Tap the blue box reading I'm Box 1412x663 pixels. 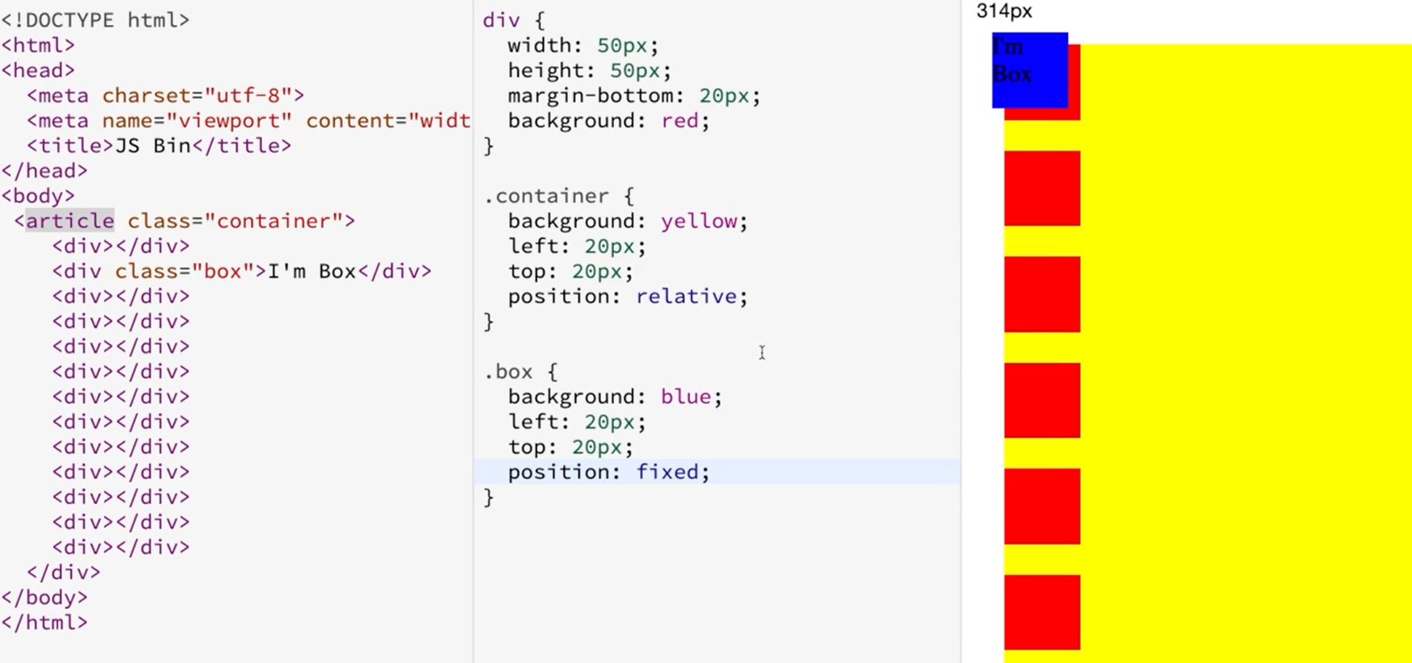point(1030,70)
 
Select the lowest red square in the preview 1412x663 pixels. point(1042,611)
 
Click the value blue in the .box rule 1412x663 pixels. point(685,397)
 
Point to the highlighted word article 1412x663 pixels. point(70,221)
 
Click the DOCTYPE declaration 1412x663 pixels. point(95,20)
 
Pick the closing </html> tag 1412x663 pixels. point(44,623)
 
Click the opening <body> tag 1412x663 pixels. point(38,196)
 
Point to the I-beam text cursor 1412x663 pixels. point(762,352)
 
